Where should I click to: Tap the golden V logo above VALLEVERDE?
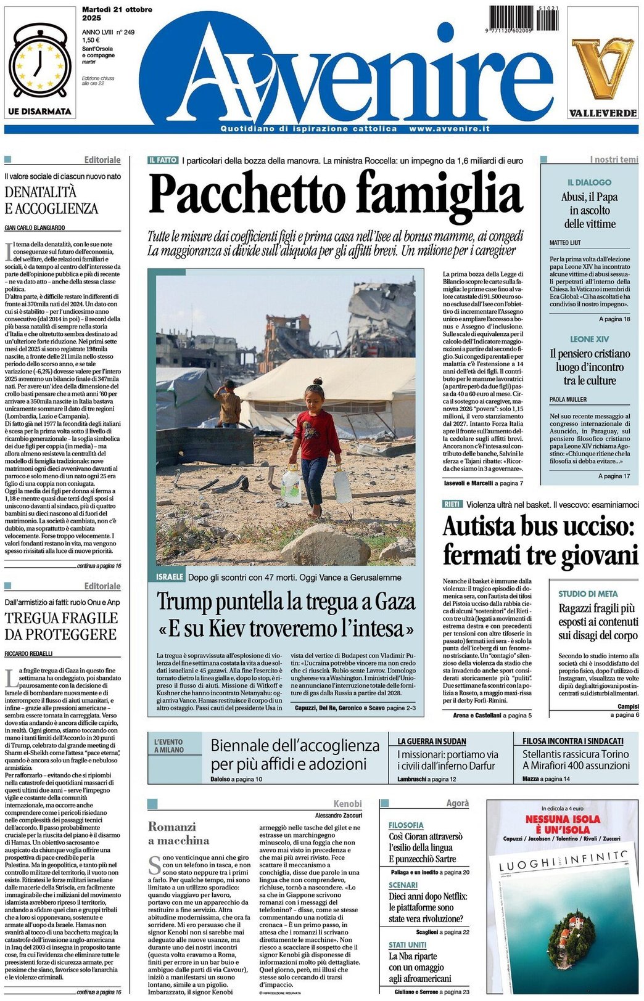[602, 67]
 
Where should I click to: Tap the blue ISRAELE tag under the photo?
[170, 577]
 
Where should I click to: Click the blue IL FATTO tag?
[163, 160]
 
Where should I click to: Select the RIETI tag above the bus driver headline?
[452, 504]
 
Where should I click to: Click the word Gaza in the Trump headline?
[391, 601]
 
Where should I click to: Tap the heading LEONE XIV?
[589, 339]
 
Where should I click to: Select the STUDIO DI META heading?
[588, 594]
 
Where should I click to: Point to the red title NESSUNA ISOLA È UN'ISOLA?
[563, 824]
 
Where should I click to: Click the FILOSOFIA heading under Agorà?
[406, 825]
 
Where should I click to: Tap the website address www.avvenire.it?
[449, 129]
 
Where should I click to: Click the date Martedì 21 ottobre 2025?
[117, 14]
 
